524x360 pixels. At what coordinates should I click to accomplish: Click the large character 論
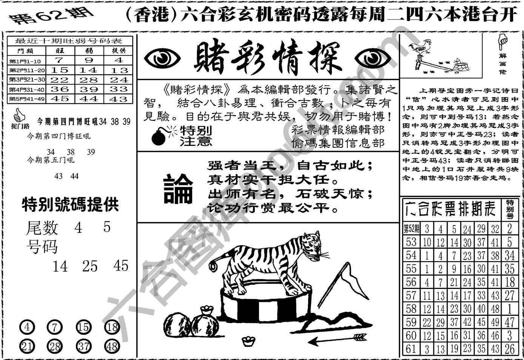[x=178, y=189]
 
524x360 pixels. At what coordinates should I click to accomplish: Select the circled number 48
[x=112, y=346]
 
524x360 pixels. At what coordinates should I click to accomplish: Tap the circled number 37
[x=83, y=346]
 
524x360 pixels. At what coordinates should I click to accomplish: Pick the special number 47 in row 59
[x=510, y=322]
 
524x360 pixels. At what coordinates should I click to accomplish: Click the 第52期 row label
[x=411, y=229]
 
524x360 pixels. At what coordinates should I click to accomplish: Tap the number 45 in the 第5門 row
[x=60, y=99]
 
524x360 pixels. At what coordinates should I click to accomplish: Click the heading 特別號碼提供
[x=70, y=204]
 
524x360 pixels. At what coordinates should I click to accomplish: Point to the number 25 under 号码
[x=90, y=266]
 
